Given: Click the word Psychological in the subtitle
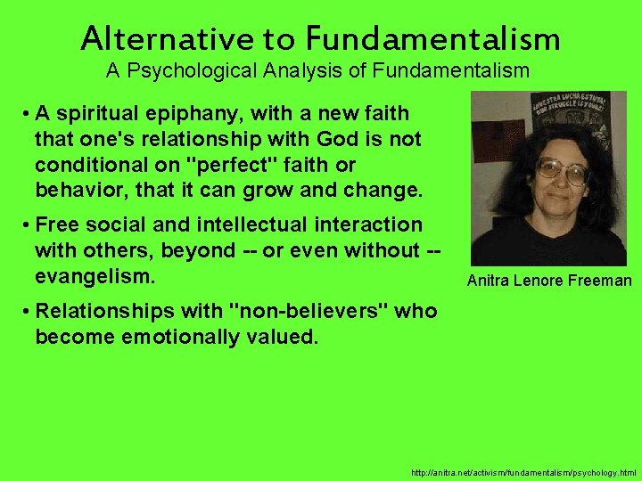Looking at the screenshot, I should point(201,69).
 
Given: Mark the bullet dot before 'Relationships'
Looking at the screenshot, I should point(29,312).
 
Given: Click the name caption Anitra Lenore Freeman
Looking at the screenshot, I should point(549,281).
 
